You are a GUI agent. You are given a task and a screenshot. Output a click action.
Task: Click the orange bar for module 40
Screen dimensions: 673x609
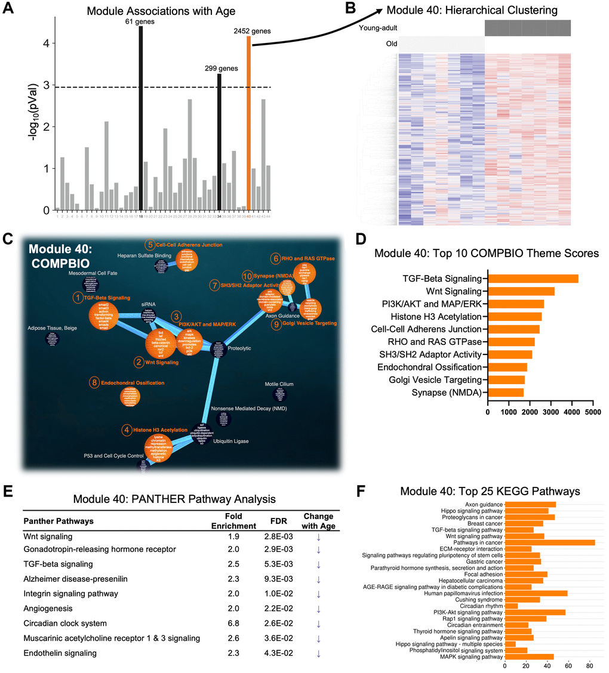248,125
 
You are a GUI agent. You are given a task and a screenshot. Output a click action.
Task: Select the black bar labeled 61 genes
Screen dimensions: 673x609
141,119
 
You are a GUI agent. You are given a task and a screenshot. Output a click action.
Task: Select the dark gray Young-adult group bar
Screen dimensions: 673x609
527,28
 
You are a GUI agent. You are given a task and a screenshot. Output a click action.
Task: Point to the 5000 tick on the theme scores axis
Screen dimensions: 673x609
593,412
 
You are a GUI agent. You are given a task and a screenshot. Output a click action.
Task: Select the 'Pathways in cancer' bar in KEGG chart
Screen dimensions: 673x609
550,542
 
